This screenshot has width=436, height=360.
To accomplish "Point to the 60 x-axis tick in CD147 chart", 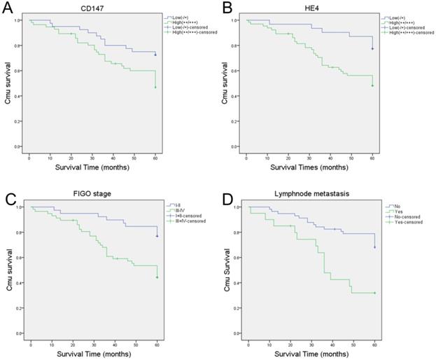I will tap(155, 158).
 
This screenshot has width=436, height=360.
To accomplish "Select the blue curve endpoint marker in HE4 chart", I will tap(372, 48).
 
